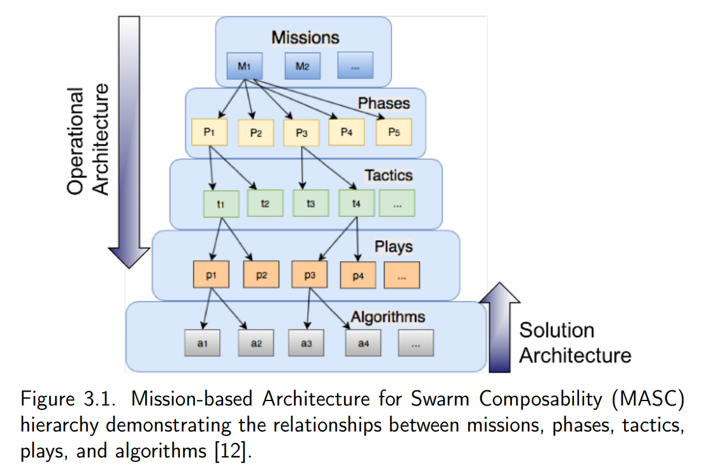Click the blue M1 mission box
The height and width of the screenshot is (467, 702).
[x=245, y=66]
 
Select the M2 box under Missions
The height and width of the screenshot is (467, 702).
[x=303, y=66]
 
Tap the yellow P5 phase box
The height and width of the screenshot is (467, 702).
[x=394, y=132]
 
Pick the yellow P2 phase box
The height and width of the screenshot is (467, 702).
[x=256, y=132]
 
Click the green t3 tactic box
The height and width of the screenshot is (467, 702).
[x=310, y=203]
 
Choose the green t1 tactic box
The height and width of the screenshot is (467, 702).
[x=221, y=204]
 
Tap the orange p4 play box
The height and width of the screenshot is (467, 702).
[x=358, y=276]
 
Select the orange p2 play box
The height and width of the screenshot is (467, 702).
[x=262, y=274]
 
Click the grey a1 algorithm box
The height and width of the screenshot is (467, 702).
[x=202, y=343]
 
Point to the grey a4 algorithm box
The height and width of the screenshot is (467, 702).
[x=363, y=343]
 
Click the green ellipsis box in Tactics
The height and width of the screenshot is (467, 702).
[x=397, y=203]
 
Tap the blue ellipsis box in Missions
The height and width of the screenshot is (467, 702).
[x=355, y=65]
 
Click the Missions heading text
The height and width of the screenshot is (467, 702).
[x=305, y=37]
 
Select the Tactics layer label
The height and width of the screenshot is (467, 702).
[x=388, y=175]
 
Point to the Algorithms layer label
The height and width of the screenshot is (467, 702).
[x=388, y=317]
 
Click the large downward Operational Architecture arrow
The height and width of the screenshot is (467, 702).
[x=129, y=143]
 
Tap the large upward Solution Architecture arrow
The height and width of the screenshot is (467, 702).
[x=500, y=328]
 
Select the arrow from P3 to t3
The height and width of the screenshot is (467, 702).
[x=302, y=168]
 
